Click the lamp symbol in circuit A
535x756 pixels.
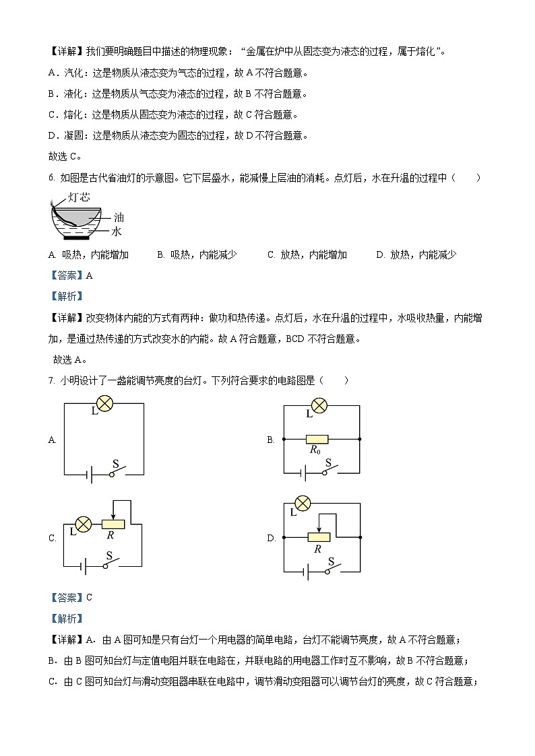[x=104, y=403]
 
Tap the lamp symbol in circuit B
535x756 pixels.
[x=318, y=405]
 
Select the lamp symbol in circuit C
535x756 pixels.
[x=83, y=524]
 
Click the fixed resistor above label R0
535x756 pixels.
[x=316, y=439]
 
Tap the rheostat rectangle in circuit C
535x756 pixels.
[x=113, y=524]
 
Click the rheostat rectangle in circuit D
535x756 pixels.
[x=318, y=537]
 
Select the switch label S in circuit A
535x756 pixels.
[x=115, y=464]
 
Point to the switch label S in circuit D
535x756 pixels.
[x=331, y=561]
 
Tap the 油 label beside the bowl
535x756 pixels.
[x=119, y=217]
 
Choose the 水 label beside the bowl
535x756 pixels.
[x=116, y=231]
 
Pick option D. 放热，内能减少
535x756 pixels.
[x=416, y=254]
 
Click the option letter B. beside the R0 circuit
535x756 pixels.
[x=271, y=440]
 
